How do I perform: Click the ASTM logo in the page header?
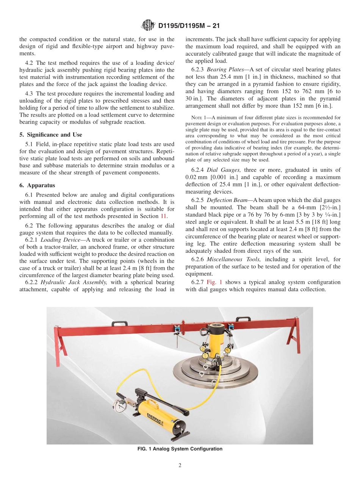pyautogui.click(x=148, y=26)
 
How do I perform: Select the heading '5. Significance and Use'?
pyautogui.click(x=51, y=135)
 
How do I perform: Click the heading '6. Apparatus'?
pyautogui.click(x=37, y=185)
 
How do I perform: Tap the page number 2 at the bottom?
pyautogui.click(x=180, y=466)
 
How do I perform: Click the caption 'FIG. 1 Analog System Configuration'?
pyautogui.click(x=180, y=449)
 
